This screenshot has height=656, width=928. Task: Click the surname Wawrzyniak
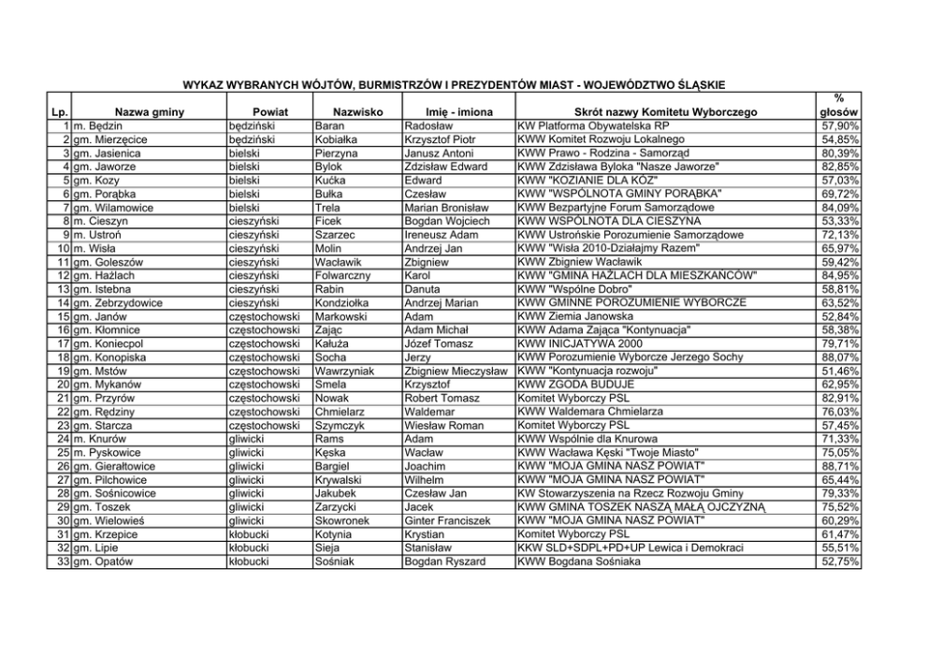click(344, 371)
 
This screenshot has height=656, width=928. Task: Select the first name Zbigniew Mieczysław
click(457, 371)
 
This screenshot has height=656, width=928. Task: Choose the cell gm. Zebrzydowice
click(118, 303)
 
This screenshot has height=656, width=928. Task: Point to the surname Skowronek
click(342, 520)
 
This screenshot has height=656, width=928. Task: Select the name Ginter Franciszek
click(448, 520)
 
